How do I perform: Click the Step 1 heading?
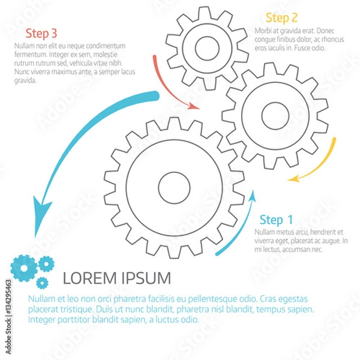click(276, 220)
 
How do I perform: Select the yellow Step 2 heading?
click(282, 17)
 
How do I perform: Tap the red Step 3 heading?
click(42, 33)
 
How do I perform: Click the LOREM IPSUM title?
click(116, 278)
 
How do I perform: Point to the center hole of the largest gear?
click(175, 187)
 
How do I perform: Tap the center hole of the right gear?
click(275, 115)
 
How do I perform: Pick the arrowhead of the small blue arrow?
click(252, 196)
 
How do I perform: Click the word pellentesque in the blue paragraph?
click(212, 298)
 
